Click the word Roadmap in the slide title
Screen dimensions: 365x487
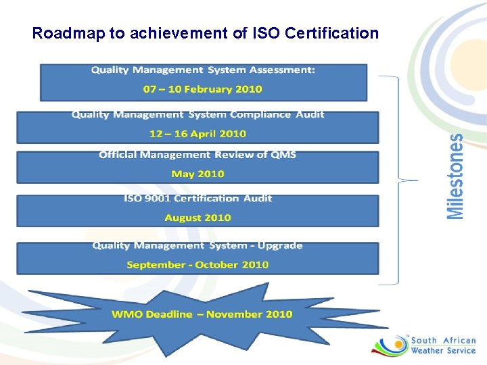[x=65, y=32]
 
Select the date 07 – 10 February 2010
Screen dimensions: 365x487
[x=203, y=89]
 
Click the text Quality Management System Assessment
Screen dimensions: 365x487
[x=203, y=70]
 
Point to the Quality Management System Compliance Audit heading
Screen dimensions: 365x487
[x=198, y=114]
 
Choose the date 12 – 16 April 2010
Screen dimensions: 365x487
[x=198, y=134]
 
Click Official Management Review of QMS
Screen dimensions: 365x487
[x=198, y=155]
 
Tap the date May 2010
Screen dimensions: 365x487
[x=198, y=174]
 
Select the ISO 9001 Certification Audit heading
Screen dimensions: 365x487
[x=198, y=198]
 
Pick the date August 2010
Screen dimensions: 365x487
[x=198, y=218]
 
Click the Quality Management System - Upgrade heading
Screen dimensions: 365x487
[x=198, y=245]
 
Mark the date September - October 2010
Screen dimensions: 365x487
[x=198, y=264]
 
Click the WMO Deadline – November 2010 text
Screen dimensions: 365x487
[x=202, y=314]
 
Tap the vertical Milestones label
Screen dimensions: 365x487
[x=457, y=176]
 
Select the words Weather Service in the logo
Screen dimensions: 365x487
[x=443, y=351]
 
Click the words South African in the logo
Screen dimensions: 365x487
[x=443, y=341]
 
